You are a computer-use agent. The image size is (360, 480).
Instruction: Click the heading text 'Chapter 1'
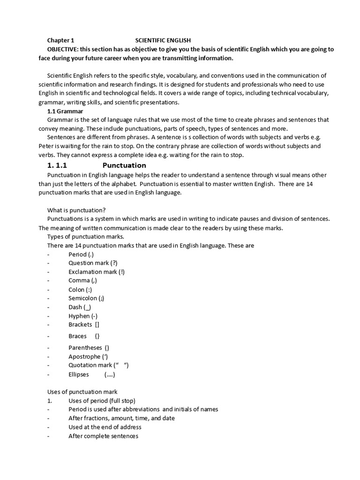pos(60,40)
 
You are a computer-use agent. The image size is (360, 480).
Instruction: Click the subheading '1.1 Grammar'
pos(65,111)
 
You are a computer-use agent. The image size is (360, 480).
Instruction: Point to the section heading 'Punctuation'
pos(124,165)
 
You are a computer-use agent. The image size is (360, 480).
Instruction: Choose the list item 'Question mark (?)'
pos(93,263)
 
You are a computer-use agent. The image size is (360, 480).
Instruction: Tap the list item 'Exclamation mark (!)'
pos(97,271)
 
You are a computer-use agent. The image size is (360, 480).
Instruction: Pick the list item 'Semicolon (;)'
pos(90,298)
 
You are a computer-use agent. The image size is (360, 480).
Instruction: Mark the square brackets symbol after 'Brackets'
pos(97,324)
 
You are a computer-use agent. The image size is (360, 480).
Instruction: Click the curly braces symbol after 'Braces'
pos(97,336)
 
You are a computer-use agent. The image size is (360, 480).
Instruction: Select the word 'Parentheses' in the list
pos(85,347)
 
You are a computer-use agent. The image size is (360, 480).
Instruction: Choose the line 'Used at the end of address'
pos(105,427)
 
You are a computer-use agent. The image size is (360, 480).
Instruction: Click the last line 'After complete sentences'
pos(103,436)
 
